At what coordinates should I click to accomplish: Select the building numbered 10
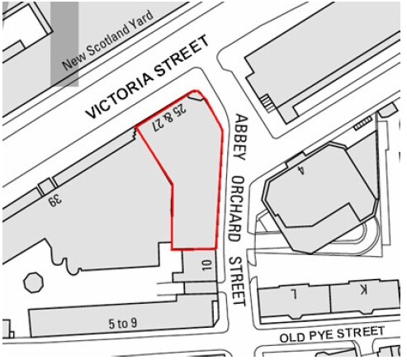[x=206, y=267]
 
